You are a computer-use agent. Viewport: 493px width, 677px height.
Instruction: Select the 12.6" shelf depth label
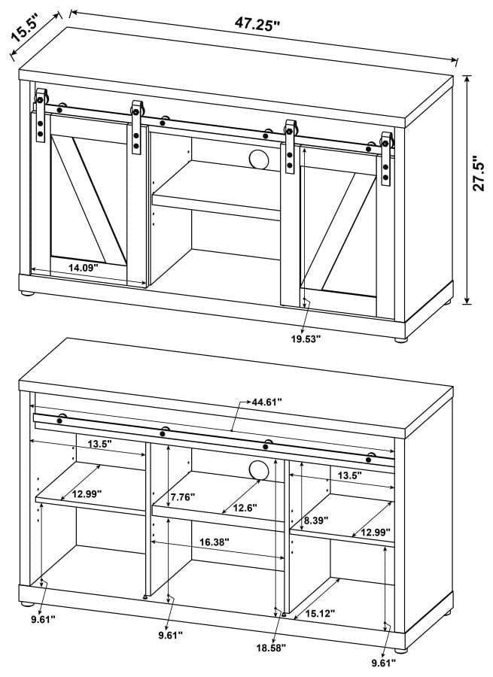[x=244, y=508]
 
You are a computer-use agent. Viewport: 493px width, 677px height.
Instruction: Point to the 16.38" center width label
[x=215, y=541]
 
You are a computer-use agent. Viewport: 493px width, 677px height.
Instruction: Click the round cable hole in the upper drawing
[x=258, y=160]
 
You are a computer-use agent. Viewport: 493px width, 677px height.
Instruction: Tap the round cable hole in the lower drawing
[x=258, y=469]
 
